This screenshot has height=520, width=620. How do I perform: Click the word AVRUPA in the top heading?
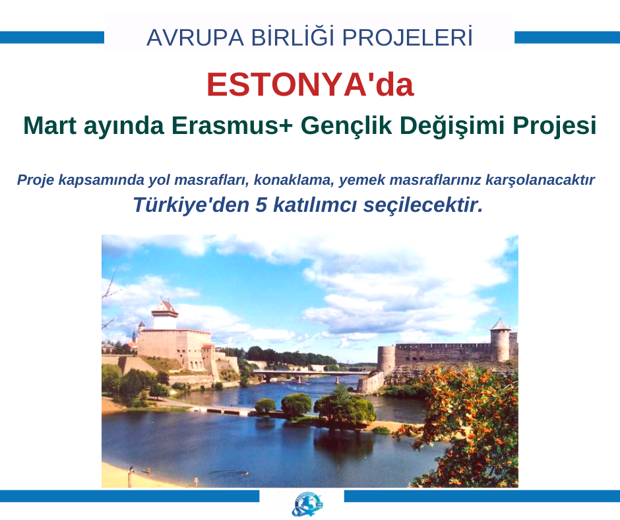coord(195,38)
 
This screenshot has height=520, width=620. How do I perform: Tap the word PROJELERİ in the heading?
coord(407,37)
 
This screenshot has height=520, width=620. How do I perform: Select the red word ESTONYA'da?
coord(311,84)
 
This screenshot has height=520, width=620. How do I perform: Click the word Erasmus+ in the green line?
coord(232,125)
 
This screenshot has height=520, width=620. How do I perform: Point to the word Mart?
coord(50,125)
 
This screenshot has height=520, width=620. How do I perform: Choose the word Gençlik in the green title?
coord(346,126)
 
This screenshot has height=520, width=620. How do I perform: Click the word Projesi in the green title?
coord(554,126)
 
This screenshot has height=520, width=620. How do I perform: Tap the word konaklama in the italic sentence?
coord(294,179)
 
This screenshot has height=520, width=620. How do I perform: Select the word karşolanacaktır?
coord(540,180)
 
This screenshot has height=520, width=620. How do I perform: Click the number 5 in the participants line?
coord(261,205)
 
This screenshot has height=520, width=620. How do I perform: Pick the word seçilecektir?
coord(423,205)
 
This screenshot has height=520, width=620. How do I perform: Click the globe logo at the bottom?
coord(307,505)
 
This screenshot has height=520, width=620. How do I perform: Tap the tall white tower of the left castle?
coord(165,315)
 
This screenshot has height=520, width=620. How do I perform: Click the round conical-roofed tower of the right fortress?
coord(500,341)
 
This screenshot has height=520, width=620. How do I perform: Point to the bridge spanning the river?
coord(313,374)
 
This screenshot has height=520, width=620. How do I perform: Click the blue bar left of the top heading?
coord(52,38)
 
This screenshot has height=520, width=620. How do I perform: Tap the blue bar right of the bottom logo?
coord(482,496)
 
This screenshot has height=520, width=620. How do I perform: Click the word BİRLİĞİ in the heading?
coord(293,37)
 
